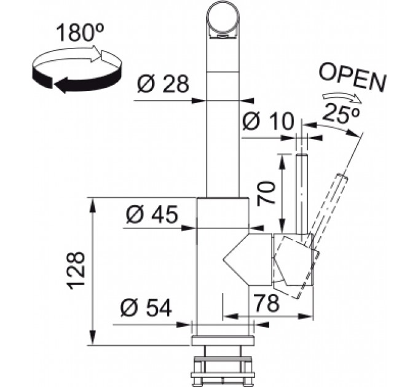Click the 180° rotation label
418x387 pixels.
click(x=80, y=33)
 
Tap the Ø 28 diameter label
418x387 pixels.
click(x=163, y=84)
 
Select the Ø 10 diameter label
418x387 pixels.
click(x=267, y=122)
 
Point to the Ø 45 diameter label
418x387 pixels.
click(x=152, y=214)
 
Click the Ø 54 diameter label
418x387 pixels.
click(x=146, y=308)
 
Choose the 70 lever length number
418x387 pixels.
click(x=266, y=192)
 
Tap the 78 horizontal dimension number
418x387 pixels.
click(x=266, y=303)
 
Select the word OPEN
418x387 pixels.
click(x=353, y=78)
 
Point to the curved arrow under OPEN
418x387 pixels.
click(x=342, y=98)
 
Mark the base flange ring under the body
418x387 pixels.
click(x=223, y=341)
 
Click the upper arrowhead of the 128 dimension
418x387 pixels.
click(x=92, y=205)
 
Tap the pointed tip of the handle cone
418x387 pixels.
click(x=224, y=259)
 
